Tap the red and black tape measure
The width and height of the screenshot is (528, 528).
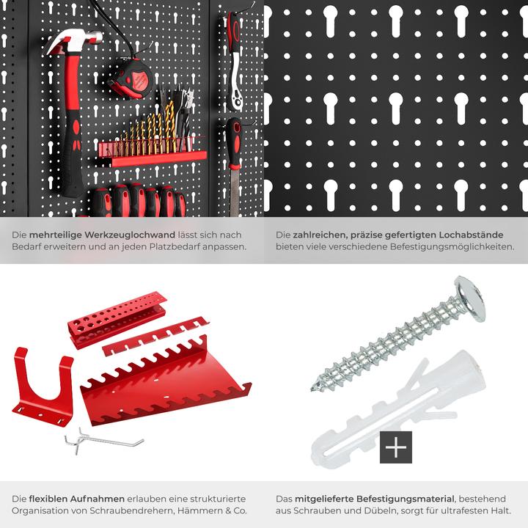pyautogui.click(x=132, y=78)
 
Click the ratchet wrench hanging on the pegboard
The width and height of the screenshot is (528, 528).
pyautogui.click(x=234, y=55)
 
